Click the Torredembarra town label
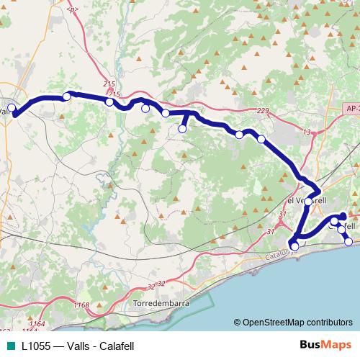pyautogui.click(x=161, y=305)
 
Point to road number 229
pyautogui.click(x=263, y=109)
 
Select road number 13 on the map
pyautogui.click(x=307, y=132)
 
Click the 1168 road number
pyautogui.click(x=81, y=306)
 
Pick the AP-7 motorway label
pyautogui.click(x=352, y=107)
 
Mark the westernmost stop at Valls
pyautogui.click(x=11, y=108)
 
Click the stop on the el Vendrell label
pyautogui.click(x=307, y=202)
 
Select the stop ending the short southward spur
pyautogui.click(x=183, y=129)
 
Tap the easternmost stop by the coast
pyautogui.click(x=348, y=242)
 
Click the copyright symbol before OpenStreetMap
pyautogui.click(x=238, y=322)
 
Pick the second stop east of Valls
pyautogui.click(x=109, y=102)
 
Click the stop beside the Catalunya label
pyautogui.click(x=294, y=246)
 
